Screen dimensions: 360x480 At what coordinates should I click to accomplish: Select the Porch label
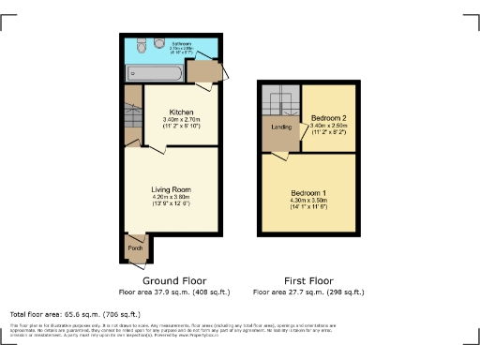click(x=135, y=248)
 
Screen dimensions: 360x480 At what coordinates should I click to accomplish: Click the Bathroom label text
click(x=183, y=43)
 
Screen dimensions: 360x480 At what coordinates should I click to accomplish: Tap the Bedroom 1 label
click(x=308, y=192)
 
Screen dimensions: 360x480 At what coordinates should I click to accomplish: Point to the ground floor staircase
click(x=132, y=118)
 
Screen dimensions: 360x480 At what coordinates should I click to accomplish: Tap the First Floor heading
click(x=308, y=280)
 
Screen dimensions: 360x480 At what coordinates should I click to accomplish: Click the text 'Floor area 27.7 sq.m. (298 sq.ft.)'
click(x=308, y=292)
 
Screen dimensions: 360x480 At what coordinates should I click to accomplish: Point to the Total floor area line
click(x=75, y=314)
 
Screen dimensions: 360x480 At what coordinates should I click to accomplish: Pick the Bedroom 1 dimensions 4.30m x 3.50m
click(x=308, y=200)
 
